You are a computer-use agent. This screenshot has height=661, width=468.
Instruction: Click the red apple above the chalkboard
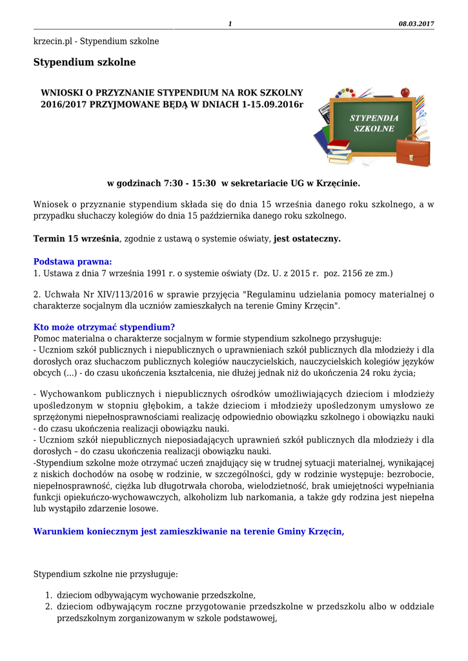(x=405, y=92)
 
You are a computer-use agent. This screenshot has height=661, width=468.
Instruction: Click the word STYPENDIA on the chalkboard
(x=374, y=118)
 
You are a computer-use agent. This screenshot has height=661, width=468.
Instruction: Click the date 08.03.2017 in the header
(x=416, y=24)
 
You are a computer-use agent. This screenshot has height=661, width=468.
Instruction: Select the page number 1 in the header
(x=230, y=24)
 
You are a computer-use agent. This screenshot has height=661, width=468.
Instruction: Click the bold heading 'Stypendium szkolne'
(x=85, y=63)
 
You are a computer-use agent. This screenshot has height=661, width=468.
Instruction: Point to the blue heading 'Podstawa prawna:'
(x=72, y=261)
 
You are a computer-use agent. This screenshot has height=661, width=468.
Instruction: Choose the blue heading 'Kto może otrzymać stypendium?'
(x=104, y=327)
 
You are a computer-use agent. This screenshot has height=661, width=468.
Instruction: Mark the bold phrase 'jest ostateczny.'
(x=307, y=239)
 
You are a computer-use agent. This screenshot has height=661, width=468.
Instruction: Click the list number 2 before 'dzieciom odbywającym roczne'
(x=48, y=607)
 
